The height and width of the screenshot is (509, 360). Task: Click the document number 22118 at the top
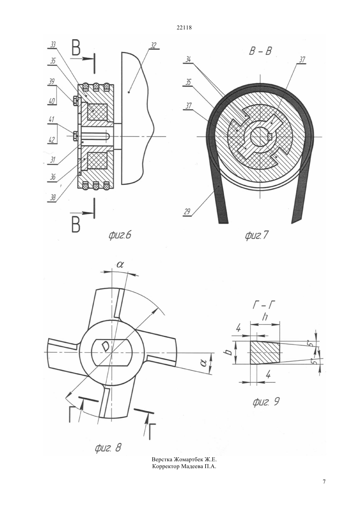click(184, 28)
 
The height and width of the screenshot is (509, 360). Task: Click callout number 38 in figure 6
click(53, 198)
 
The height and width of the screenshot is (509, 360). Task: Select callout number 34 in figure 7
click(188, 60)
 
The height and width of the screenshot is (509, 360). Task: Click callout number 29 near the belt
click(187, 212)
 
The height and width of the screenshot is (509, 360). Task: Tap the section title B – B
click(260, 51)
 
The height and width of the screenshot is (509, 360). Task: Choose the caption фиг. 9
click(266, 402)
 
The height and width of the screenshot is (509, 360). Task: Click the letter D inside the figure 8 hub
click(105, 346)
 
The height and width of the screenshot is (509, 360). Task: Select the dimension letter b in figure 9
click(229, 352)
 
